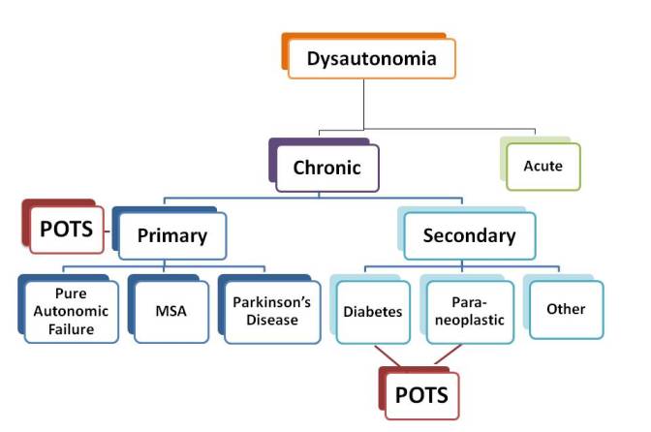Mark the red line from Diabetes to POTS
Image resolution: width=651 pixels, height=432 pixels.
[387, 355]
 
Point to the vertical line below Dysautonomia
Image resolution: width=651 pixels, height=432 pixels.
[363, 105]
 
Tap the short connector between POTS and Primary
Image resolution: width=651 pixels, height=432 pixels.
[108, 231]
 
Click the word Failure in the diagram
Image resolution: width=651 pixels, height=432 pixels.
[72, 329]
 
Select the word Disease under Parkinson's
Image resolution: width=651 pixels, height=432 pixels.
[272, 321]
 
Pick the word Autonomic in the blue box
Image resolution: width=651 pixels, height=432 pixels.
[71, 311]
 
